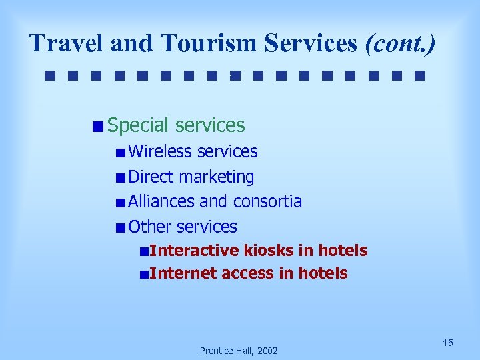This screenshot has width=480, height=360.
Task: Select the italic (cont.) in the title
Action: (x=400, y=43)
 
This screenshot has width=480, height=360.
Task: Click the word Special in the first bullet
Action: (x=139, y=125)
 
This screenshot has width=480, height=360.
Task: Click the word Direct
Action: (x=151, y=177)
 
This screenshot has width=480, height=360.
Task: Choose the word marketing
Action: (x=216, y=177)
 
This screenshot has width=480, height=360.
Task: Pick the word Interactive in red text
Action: (x=194, y=251)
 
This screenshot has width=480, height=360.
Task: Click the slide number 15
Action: (x=448, y=343)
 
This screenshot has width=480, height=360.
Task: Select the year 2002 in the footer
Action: (x=265, y=351)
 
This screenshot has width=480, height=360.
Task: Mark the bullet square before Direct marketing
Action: (x=119, y=177)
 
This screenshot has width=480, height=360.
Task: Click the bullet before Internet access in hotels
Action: (x=144, y=274)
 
